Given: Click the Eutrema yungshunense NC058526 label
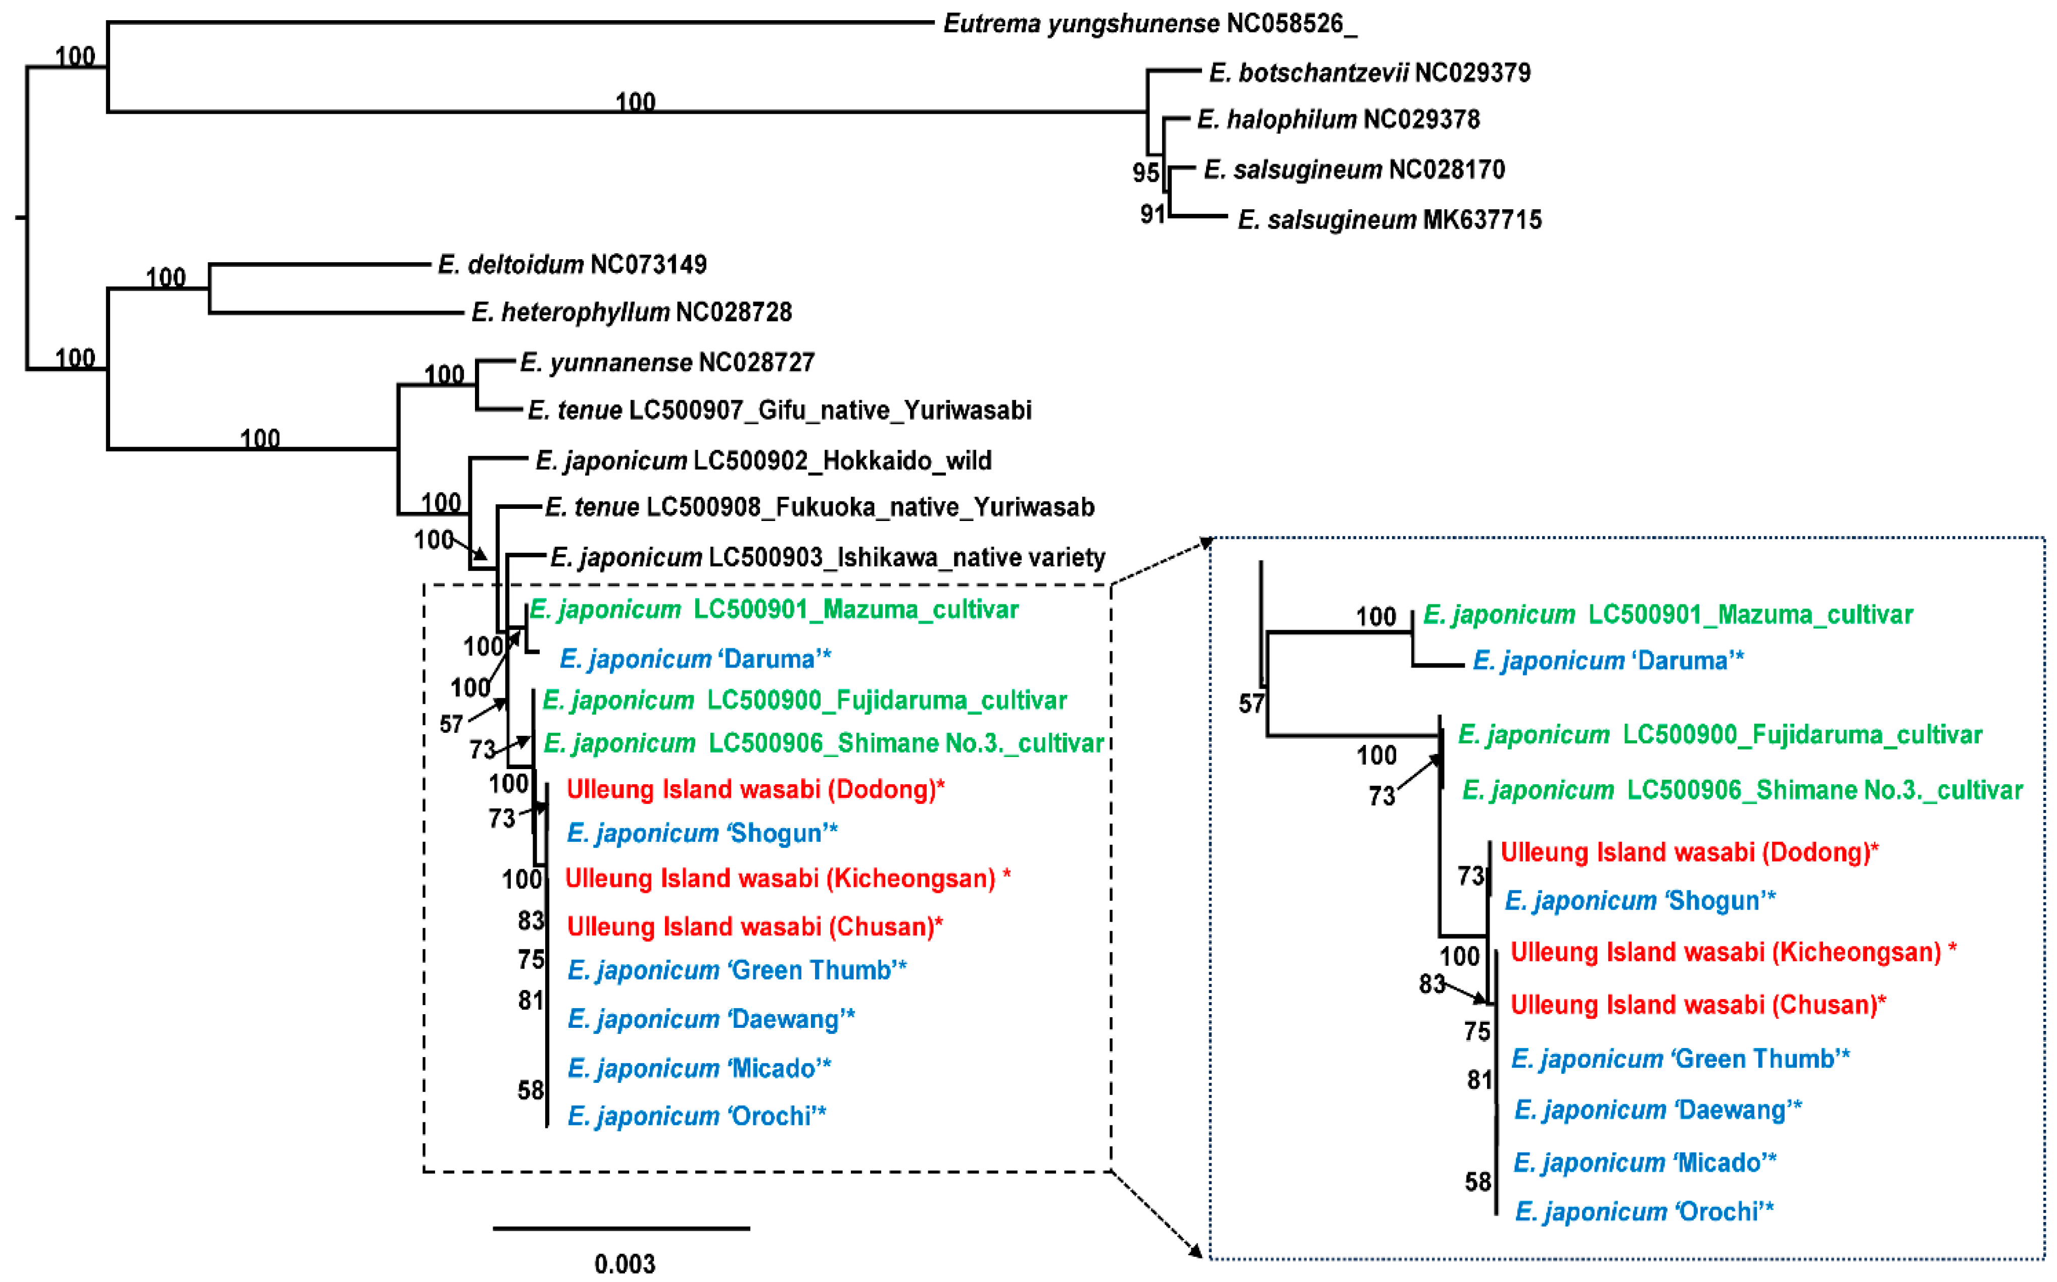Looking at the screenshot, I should pos(1149,24).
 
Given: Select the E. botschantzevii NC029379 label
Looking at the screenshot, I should pos(1369,73).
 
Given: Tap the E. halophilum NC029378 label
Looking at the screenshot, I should pos(1337,120).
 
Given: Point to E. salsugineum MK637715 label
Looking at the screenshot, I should pos(1389,220).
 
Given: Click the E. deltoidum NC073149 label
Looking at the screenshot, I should pos(572,265).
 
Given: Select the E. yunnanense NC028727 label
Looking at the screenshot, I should pos(666,363).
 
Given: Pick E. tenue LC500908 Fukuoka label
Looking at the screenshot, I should pos(819,507).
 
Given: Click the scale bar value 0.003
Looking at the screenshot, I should pos(625,1263).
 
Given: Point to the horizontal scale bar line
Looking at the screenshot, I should pos(621,1228).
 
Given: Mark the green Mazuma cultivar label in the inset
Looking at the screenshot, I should pos(1667,614).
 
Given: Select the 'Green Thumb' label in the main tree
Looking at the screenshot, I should pos(736,970).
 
